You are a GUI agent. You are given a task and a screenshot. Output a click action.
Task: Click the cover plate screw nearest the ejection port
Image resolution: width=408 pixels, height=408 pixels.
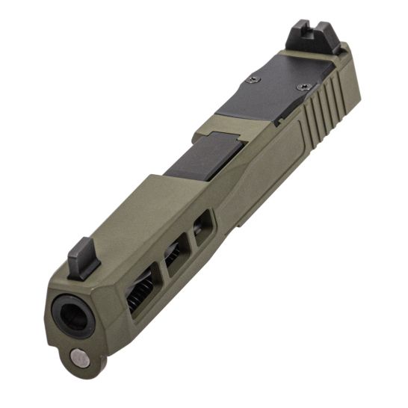pyautogui.click(x=256, y=81)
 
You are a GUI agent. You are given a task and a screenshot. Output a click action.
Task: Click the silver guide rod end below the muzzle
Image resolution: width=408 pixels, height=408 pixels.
pyautogui.click(x=78, y=358)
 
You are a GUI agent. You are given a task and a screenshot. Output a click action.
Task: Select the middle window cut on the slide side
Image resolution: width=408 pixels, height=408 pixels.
pyautogui.click(x=176, y=253)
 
